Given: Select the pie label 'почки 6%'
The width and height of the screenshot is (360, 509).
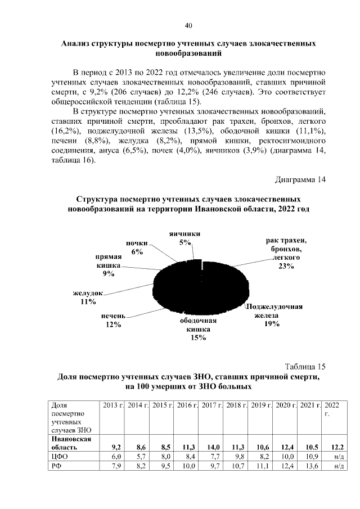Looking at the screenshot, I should coord(136,247).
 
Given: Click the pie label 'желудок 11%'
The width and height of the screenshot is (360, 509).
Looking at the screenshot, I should coord(88,297).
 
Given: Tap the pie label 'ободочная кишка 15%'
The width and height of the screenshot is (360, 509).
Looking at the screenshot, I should coord(198,329).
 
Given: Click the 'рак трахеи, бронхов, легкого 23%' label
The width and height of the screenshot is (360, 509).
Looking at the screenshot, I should coord(285,253).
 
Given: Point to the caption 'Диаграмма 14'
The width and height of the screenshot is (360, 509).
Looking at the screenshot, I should coord(300,180).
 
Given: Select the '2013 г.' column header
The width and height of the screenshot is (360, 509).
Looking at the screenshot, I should coord(112,405).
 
